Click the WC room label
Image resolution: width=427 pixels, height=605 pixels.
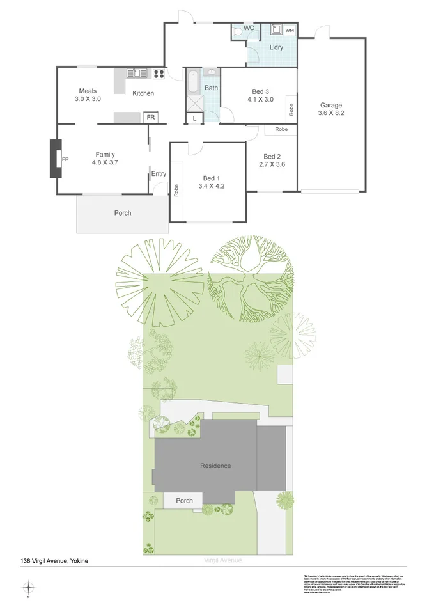pos(249,28)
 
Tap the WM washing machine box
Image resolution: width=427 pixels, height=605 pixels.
pos(289,30)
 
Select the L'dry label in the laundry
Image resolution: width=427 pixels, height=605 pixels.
pos(276,48)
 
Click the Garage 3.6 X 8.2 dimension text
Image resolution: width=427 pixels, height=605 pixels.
pos(331,114)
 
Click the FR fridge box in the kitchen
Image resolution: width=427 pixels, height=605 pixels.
pos(151,118)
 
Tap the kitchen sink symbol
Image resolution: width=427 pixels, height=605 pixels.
pos(137,73)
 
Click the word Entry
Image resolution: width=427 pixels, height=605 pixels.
pos(159,174)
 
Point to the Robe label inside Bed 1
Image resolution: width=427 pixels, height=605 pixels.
pos(176,191)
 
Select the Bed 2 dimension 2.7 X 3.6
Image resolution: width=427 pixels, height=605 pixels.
pos(272,165)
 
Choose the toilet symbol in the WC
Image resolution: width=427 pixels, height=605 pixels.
pos(237,30)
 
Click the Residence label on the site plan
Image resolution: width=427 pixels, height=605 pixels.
pos(215,466)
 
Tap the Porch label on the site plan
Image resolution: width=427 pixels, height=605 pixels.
pos(184,501)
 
